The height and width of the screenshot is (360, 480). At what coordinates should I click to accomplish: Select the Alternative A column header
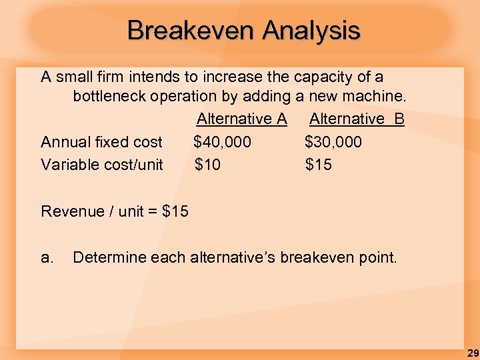(241, 119)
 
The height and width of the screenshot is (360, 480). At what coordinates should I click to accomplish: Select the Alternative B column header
(357, 119)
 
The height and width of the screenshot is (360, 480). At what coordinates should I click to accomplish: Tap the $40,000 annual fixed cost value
(223, 142)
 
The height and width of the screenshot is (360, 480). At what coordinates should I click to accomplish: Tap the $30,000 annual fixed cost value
(333, 142)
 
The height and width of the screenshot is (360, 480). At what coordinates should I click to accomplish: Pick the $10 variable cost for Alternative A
(207, 165)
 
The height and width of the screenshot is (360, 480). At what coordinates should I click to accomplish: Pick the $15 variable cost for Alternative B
(318, 165)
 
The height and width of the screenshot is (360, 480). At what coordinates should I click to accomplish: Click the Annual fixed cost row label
(101, 142)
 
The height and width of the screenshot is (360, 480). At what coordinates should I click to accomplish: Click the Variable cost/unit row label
(101, 165)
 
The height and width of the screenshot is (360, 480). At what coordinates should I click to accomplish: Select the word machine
(376, 97)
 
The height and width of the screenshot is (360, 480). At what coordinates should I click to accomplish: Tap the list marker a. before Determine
(47, 257)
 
